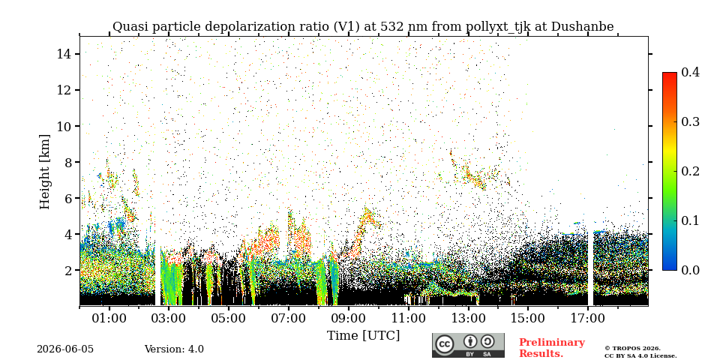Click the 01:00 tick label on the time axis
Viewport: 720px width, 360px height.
coord(109,319)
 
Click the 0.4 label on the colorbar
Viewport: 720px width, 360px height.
coord(690,72)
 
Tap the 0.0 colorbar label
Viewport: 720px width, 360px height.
coord(690,269)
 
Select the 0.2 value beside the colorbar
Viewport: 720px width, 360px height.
coord(690,171)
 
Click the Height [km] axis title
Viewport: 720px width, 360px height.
coord(44,172)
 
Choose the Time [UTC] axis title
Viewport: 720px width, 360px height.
coord(363,335)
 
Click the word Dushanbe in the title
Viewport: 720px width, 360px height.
coord(582,27)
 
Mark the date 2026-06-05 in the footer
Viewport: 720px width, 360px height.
coord(65,349)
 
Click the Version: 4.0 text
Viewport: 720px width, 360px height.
coord(174,349)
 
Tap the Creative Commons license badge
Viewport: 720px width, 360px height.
coord(468,345)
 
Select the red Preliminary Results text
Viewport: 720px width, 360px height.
coord(552,348)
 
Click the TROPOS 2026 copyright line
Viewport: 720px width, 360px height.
coord(632,349)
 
